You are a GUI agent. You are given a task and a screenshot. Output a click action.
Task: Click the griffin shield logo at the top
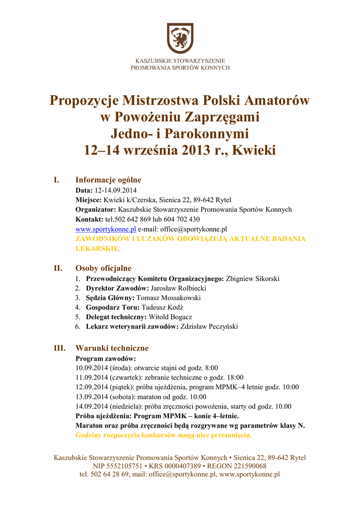pyautogui.click(x=180, y=38)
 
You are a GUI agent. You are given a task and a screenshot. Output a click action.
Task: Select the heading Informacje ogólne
pyautogui.click(x=108, y=180)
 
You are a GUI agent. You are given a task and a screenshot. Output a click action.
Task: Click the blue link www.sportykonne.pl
pyautogui.click(x=106, y=229)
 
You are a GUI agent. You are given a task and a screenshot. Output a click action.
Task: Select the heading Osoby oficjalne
pyautogui.click(x=103, y=268)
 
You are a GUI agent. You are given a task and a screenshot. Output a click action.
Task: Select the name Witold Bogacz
pyautogui.click(x=170, y=317)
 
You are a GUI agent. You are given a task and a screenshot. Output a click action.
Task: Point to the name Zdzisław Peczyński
pyautogui.click(x=209, y=326)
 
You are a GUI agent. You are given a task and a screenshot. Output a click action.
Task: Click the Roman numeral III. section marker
pyautogui.click(x=60, y=348)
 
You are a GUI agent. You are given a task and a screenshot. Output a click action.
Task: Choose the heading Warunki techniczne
pyautogui.click(x=112, y=348)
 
